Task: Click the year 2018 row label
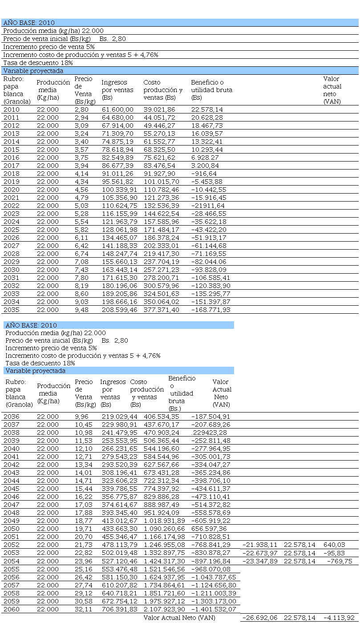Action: point(11,174)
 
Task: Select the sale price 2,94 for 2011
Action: point(82,117)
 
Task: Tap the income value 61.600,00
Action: point(117,109)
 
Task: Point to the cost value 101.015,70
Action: point(161,182)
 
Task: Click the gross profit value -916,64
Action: point(204,174)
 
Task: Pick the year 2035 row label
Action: point(11,310)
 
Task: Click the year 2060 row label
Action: point(11,609)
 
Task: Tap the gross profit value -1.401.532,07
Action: point(214,609)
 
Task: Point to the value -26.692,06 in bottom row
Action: point(260,618)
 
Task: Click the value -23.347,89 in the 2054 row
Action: point(260,561)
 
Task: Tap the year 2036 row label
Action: point(11,417)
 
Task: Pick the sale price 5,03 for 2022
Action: point(82,206)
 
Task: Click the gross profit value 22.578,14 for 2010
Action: point(207,109)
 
